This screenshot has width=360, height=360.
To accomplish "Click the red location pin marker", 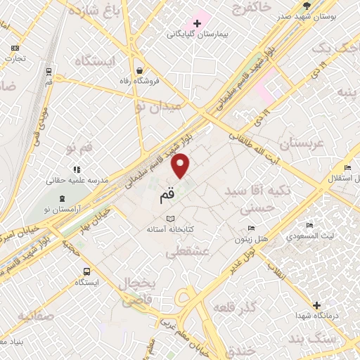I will (181, 165).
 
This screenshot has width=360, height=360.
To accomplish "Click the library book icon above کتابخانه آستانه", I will (169, 219).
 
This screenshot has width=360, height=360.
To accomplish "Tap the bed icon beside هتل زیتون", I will (252, 229).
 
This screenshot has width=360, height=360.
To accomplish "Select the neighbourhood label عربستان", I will (285, 145).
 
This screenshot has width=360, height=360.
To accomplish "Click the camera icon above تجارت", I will (15, 48).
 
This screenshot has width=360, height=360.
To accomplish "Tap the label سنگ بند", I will (336, 340).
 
